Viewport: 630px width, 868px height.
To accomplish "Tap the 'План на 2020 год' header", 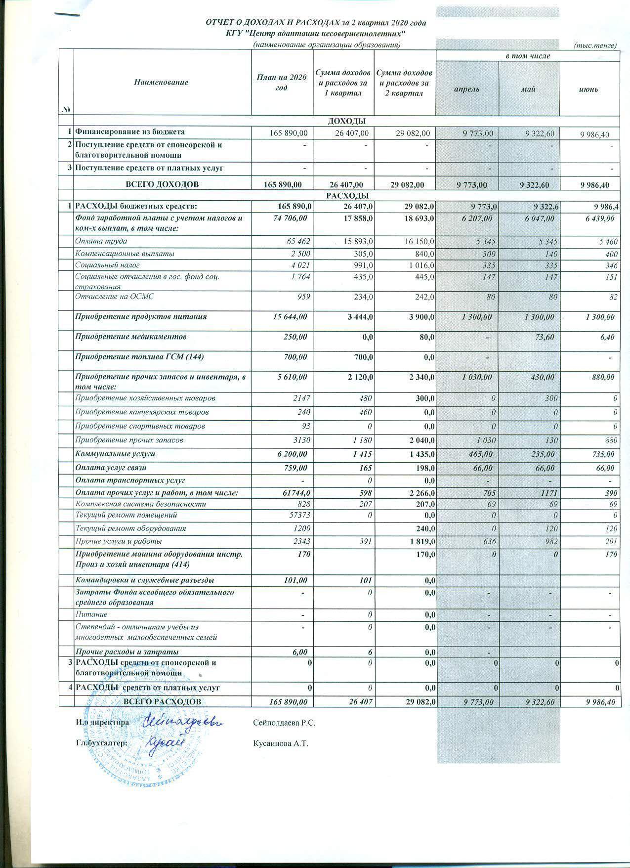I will pyautogui.click(x=282, y=82).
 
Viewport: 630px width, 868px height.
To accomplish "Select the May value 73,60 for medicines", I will pyautogui.click(x=544, y=337).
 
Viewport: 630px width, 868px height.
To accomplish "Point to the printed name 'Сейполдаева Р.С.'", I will pyautogui.click(x=284, y=723).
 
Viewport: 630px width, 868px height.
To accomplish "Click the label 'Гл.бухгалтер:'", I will pyautogui.click(x=101, y=742).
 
